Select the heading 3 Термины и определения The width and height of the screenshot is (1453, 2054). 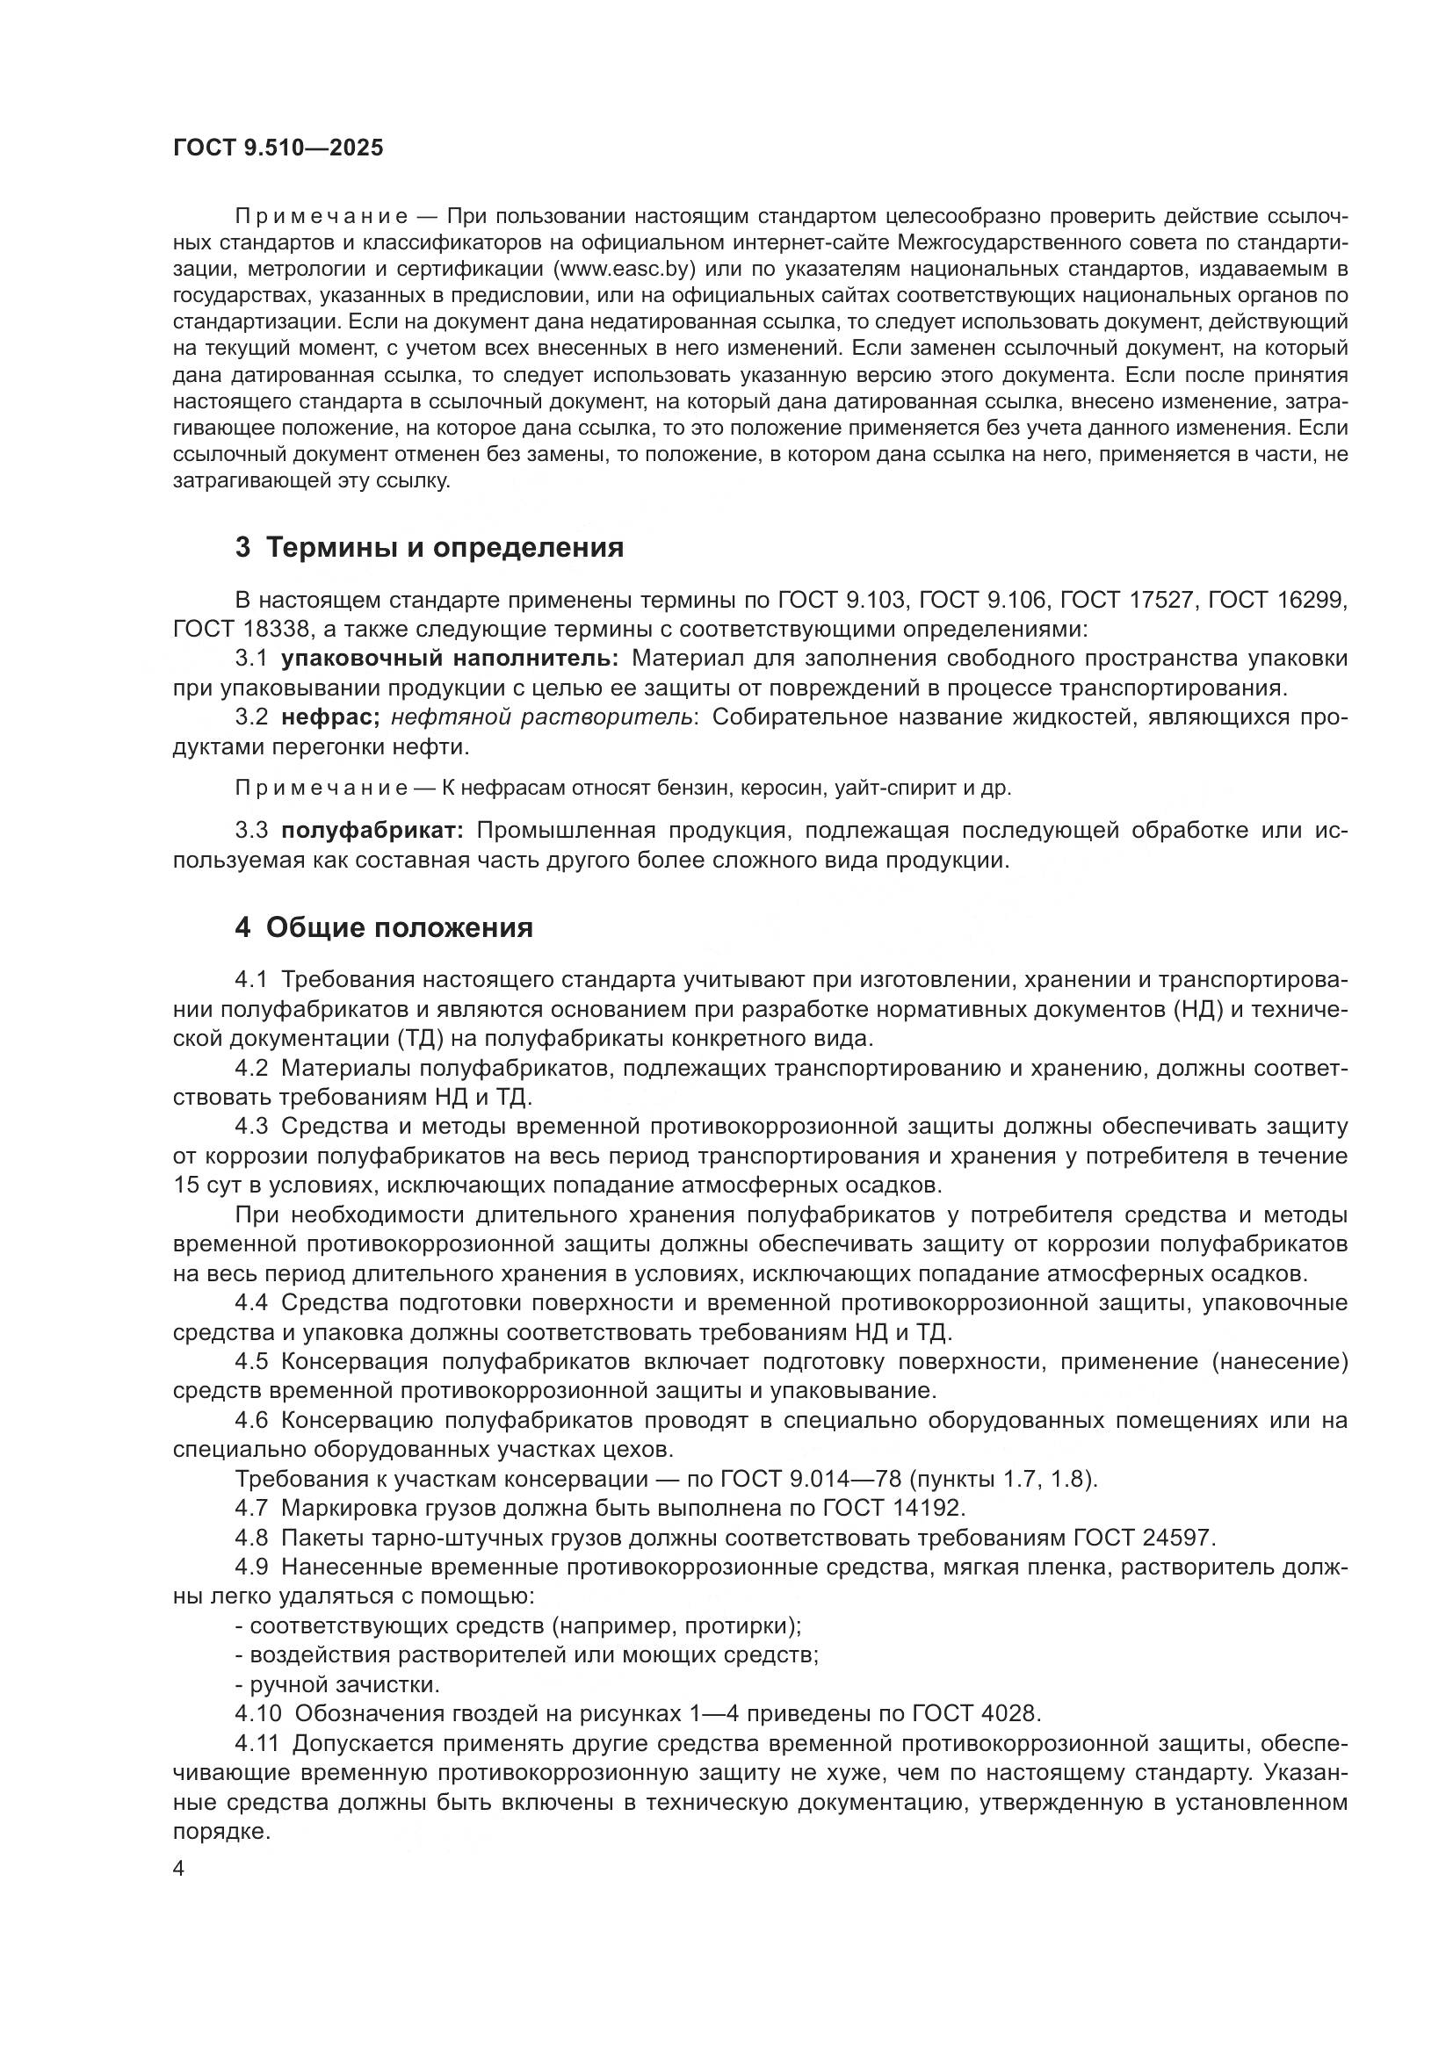[430, 547]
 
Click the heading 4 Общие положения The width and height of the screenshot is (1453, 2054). [384, 927]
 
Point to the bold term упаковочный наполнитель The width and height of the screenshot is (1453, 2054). [449, 659]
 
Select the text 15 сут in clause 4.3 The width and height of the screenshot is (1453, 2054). [209, 1186]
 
